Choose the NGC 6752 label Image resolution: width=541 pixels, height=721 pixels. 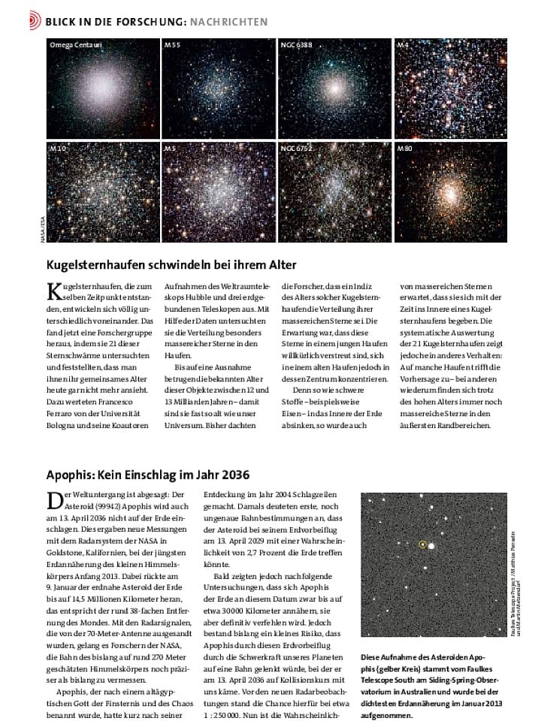point(296,149)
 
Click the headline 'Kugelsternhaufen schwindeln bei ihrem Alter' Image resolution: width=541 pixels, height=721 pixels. point(171,264)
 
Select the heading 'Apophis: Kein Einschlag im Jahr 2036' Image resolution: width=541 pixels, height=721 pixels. point(147,475)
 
